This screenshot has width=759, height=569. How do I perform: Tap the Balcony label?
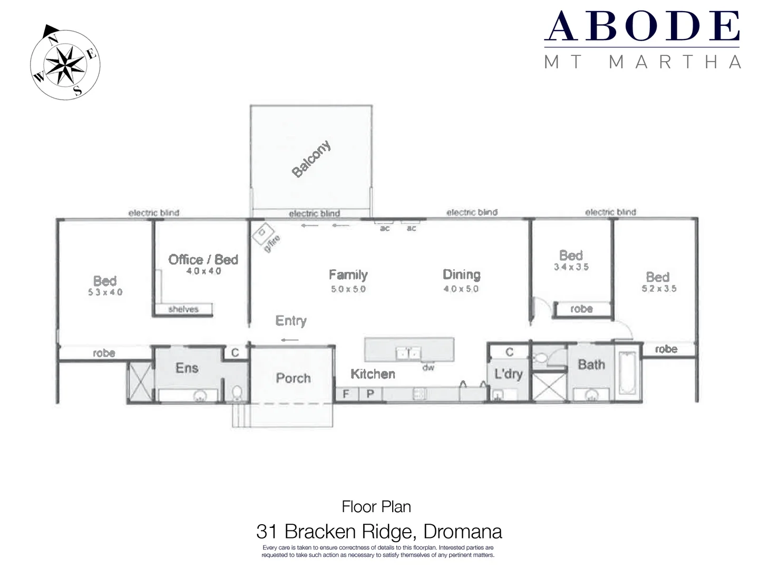coord(312,159)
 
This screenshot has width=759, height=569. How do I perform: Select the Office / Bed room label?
coord(203,259)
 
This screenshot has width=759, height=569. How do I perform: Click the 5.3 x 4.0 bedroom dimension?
coord(105,292)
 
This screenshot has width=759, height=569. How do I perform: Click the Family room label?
coord(348,274)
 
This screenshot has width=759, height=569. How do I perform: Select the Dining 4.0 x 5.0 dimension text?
coord(461,289)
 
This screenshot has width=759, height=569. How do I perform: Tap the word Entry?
coord(291,321)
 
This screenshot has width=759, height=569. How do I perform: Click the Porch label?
coord(293,378)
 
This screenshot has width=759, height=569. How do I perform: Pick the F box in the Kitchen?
coord(346,394)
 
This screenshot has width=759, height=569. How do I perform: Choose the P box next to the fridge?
coord(370,394)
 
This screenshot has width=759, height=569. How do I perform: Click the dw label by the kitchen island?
coord(428,367)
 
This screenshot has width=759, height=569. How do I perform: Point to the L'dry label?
coord(508,374)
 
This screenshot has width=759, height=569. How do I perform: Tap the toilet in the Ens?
coord(237,393)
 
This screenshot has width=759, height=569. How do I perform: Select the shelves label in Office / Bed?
coord(183,309)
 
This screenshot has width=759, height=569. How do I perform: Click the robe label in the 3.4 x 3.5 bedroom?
coord(581,309)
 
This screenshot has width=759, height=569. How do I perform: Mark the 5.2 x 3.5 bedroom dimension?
coord(659,289)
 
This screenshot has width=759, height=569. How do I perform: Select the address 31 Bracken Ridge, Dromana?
coord(379,531)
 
